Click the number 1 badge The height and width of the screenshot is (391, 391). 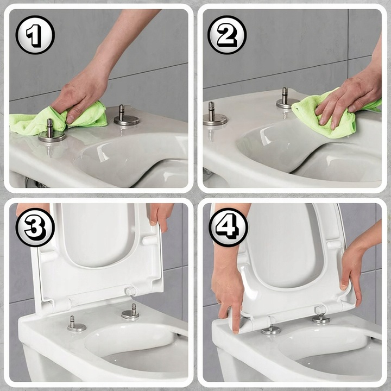coord(35,35)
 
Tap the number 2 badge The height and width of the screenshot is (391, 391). coord(227,35)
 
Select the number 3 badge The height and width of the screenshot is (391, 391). coord(35,227)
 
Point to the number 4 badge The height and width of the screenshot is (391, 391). coord(228,227)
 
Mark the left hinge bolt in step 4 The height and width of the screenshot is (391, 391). coord(270,329)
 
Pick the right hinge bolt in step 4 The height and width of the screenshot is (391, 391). coord(320,318)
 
